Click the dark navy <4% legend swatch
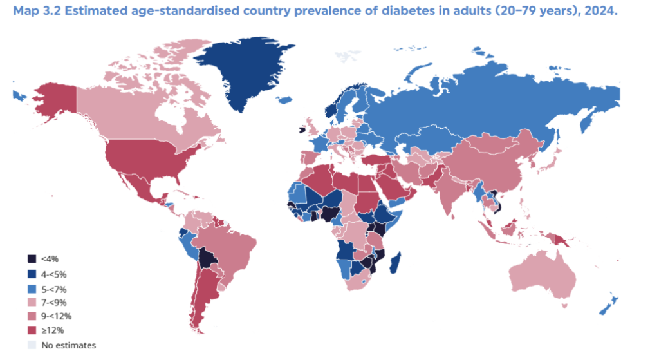[32, 259]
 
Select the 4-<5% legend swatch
[32, 274]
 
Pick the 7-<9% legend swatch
[32, 302]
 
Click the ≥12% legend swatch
[32, 330]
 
